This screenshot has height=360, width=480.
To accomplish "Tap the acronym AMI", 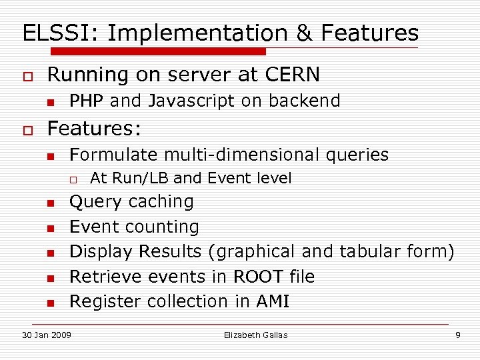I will click(x=273, y=301).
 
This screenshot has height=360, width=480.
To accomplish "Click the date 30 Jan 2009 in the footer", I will click(x=47, y=335).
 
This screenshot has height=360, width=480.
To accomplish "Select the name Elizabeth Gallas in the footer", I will click(x=255, y=335).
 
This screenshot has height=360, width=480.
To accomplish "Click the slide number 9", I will click(x=457, y=335).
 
